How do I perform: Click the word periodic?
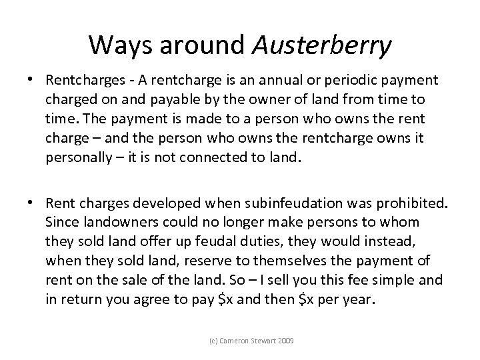point(349,81)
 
